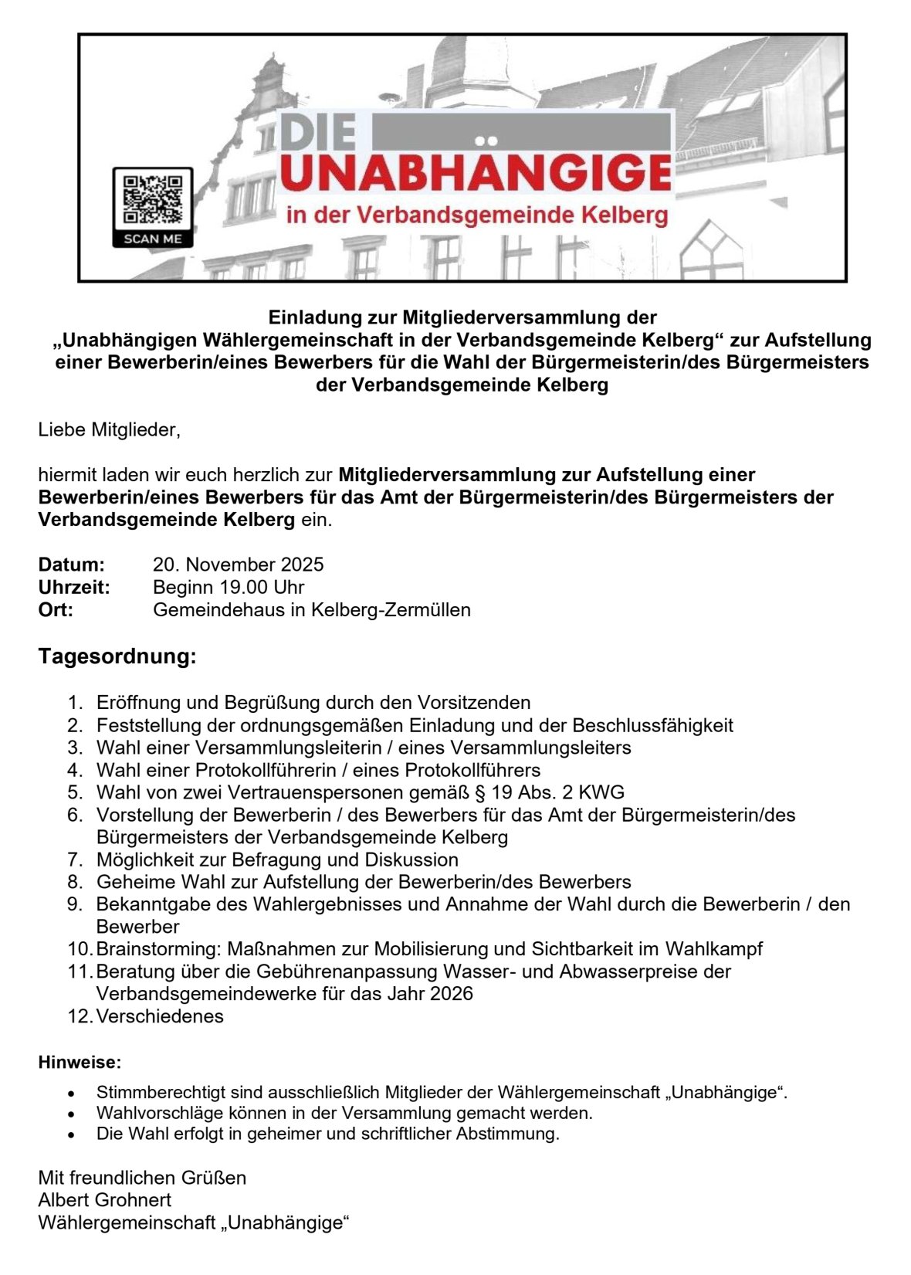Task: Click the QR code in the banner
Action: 152,199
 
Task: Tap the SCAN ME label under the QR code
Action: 152,239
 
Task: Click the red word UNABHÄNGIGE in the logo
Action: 476,174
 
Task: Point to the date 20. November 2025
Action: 238,565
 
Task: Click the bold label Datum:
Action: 71,565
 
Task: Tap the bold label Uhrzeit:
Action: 74,587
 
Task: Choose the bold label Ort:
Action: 56,609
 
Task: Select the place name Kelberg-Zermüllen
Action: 391,609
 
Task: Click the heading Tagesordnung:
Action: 117,656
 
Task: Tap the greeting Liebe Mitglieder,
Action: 109,429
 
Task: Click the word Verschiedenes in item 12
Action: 160,1016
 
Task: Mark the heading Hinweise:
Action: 80,1063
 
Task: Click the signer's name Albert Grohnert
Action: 105,1200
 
